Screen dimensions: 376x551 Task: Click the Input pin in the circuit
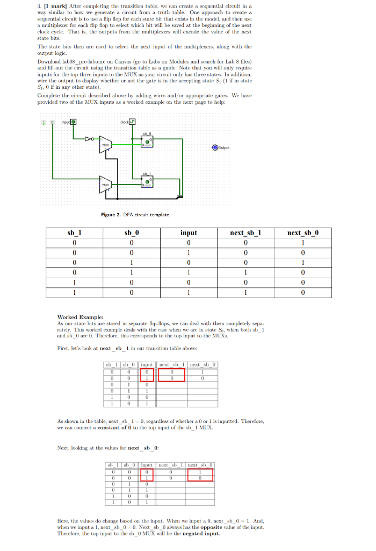pyautogui.click(x=74, y=122)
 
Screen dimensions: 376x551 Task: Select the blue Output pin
pyautogui.click(x=215, y=147)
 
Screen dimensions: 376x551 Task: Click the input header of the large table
pyautogui.click(x=188, y=232)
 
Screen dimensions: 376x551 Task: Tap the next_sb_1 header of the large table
pyautogui.click(x=245, y=232)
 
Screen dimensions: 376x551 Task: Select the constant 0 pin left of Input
pyautogui.click(x=53, y=122)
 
